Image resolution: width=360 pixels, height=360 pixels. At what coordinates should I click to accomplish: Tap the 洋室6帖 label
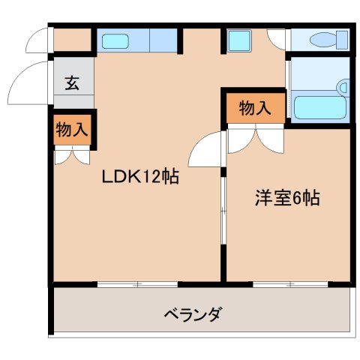pyautogui.click(x=287, y=199)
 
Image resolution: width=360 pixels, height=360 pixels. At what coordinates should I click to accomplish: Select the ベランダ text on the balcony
pyautogui.click(x=193, y=313)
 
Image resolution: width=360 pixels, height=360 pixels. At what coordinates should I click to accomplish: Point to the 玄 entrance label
pyautogui.click(x=72, y=83)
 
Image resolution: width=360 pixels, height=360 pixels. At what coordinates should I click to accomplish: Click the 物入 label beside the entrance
pyautogui.click(x=72, y=129)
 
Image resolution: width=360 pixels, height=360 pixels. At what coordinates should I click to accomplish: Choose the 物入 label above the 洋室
pyautogui.click(x=255, y=108)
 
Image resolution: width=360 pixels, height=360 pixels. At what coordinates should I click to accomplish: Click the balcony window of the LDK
pyautogui.click(x=138, y=284)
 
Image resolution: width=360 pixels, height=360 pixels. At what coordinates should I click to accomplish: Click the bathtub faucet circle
pyautogui.click(x=344, y=88)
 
